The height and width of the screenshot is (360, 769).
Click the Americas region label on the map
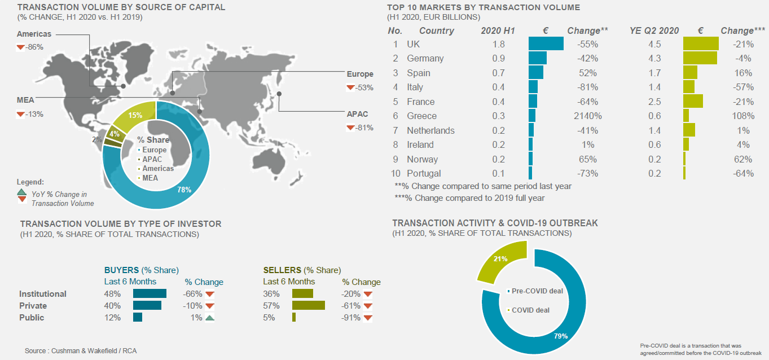coord(34,34)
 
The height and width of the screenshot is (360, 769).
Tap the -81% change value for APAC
coord(364,128)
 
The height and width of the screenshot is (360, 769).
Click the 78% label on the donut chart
coord(184,190)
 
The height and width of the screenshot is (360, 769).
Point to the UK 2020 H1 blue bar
coord(546,44)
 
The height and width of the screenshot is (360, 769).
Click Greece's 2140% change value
coord(587,116)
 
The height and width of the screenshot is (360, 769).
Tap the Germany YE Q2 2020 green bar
coord(700,58)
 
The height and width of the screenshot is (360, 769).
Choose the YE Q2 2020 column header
coord(654,30)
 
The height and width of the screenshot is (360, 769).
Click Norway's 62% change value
coord(744,159)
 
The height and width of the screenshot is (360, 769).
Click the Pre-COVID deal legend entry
coord(537,291)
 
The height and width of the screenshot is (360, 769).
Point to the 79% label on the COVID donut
coord(560,336)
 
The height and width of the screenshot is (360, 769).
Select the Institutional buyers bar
coord(150,293)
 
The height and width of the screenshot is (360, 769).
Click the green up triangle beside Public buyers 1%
coord(210,318)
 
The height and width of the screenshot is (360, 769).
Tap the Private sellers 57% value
coord(271,306)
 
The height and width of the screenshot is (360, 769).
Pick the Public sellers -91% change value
coord(351,318)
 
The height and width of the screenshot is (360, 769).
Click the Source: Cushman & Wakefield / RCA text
coord(81,351)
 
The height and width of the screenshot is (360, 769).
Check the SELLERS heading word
coord(282,270)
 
